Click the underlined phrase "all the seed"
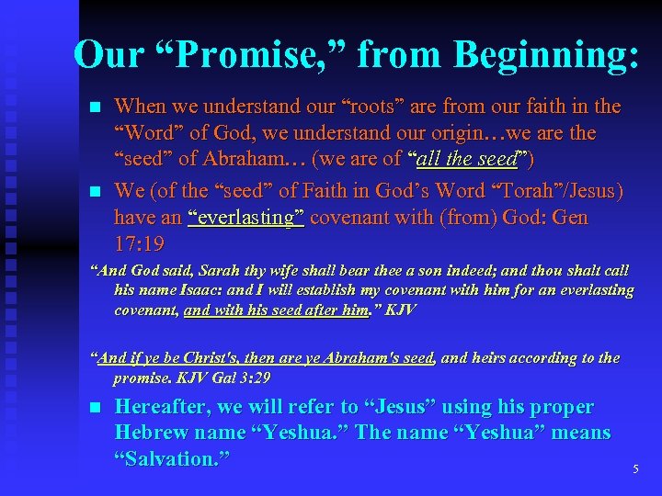pyautogui.click(x=466, y=159)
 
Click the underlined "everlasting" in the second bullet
pyautogui.click(x=246, y=218)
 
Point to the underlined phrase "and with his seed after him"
pyautogui.click(x=277, y=310)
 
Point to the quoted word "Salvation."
pyautogui.click(x=171, y=458)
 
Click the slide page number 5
pyautogui.click(x=635, y=469)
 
